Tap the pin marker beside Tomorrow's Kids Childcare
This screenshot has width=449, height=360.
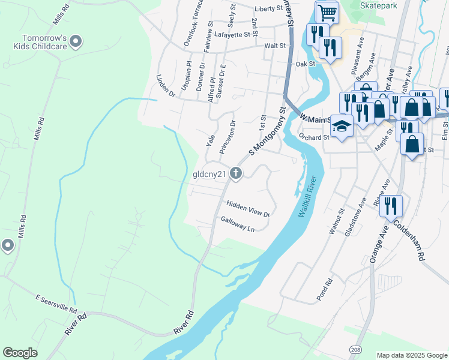pyautogui.click(x=76, y=41)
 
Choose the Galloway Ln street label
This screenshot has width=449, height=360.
pyautogui.click(x=238, y=224)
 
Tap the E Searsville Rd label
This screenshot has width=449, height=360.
pyautogui.click(x=56, y=305)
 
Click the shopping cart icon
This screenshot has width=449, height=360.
pyautogui.click(x=327, y=11)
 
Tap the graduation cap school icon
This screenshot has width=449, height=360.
pyautogui.click(x=342, y=126)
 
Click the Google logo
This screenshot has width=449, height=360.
pyautogui.click(x=20, y=352)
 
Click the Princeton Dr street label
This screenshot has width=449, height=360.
pyautogui.click(x=228, y=137)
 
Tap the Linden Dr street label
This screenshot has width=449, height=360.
pyautogui.click(x=165, y=86)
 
